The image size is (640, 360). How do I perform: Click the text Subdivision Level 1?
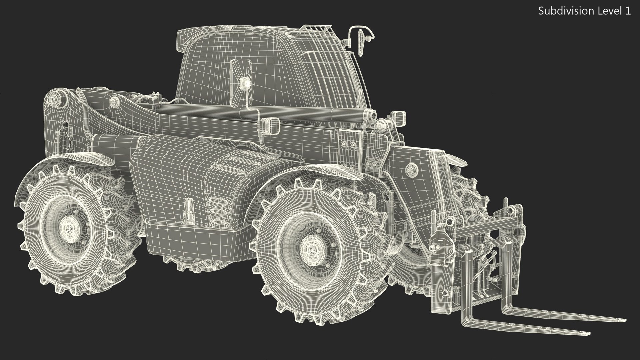pos(584,11)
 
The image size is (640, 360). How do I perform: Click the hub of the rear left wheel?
pos(69,230)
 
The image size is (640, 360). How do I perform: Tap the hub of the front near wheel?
pos(312,248)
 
